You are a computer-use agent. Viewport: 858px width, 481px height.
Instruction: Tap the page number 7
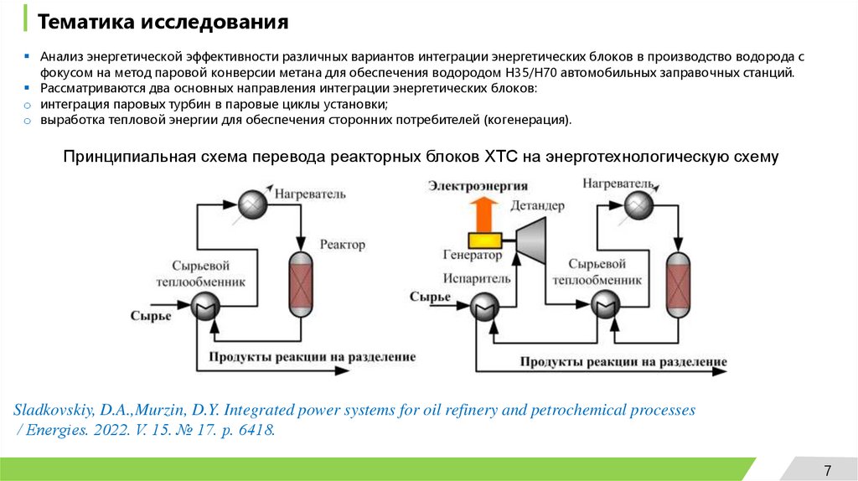[828, 468]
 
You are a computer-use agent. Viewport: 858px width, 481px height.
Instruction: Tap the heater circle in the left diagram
[251, 203]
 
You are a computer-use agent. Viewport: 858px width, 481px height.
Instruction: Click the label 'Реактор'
[343, 245]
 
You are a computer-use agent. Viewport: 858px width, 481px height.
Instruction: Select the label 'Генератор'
[473, 256]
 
